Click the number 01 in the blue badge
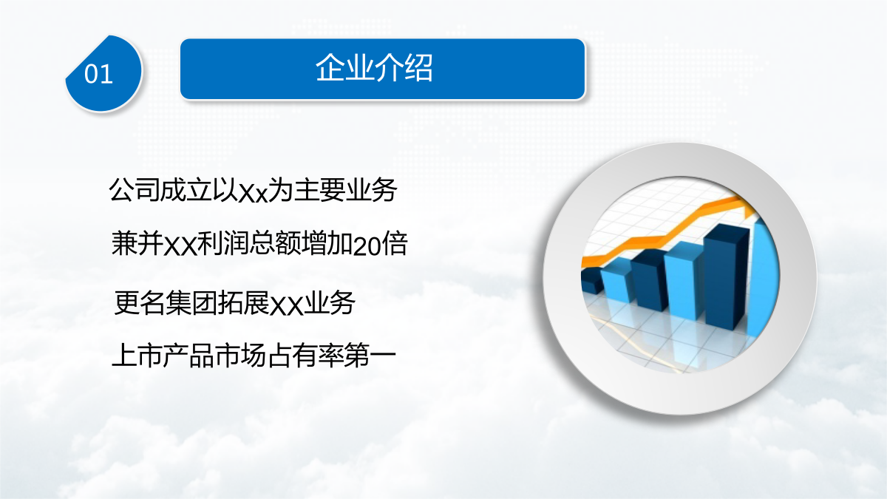pyautogui.click(x=98, y=74)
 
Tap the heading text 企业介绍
pyautogui.click(x=374, y=68)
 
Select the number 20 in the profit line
pyautogui.click(x=367, y=245)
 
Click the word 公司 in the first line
pyautogui.click(x=134, y=190)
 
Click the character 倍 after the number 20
pyautogui.click(x=395, y=242)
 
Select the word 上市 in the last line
pyautogui.click(x=137, y=355)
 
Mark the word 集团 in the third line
pyautogui.click(x=191, y=303)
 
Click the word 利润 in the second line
pyautogui.click(x=223, y=242)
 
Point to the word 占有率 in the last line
pyautogui.click(x=305, y=355)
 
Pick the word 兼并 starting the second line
pyautogui.click(x=137, y=242)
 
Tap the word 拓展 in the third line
pyautogui.click(x=243, y=303)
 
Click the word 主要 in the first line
pyautogui.click(x=319, y=190)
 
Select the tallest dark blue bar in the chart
pyautogui.click(x=725, y=277)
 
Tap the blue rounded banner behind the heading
pyautogui.click(x=383, y=69)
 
